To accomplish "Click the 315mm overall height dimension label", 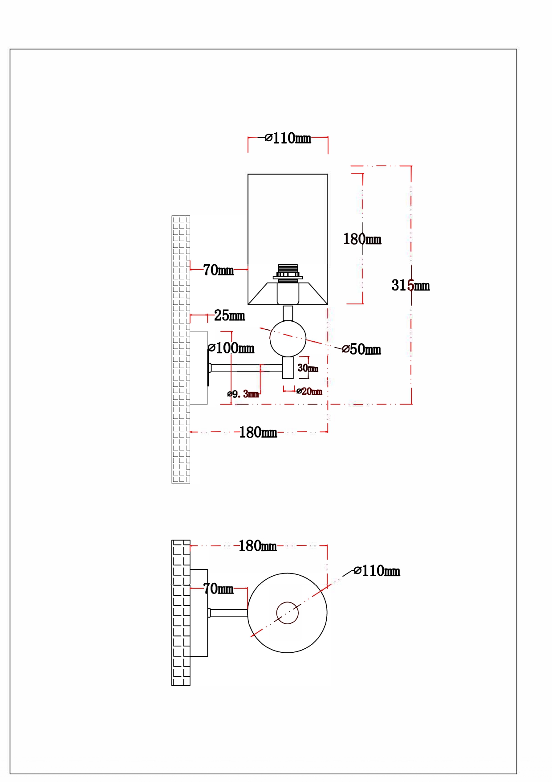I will click(x=410, y=285).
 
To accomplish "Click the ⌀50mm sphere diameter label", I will click(x=361, y=349).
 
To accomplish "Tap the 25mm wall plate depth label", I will click(x=229, y=315).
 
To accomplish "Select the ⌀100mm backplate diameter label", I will click(x=231, y=348).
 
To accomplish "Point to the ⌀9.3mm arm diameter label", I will click(x=243, y=394).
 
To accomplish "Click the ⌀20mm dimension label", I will click(x=309, y=391).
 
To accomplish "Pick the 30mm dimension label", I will click(x=308, y=368).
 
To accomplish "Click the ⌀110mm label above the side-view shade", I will click(x=288, y=138).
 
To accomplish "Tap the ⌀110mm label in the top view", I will click(x=377, y=571).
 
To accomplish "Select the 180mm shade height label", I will click(x=362, y=239).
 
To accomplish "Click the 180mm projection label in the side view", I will click(x=258, y=432).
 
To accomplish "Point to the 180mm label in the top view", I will click(x=257, y=546).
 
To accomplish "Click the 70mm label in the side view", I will click(x=218, y=270).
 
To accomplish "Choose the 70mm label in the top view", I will click(x=218, y=589).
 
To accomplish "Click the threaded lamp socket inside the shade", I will click(x=288, y=272).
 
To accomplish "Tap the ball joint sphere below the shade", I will click(x=288, y=339).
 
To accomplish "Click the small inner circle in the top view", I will click(x=287, y=613).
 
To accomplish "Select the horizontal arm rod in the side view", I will click(x=245, y=368).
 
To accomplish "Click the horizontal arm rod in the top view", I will click(x=228, y=613).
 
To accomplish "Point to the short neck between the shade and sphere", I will click(x=288, y=313).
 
